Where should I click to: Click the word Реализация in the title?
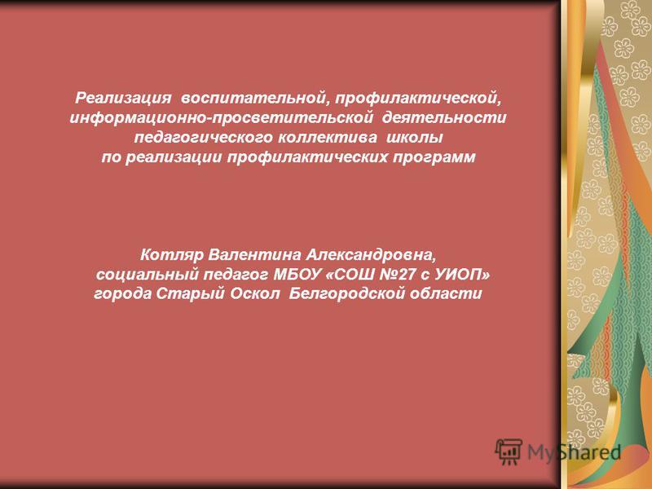(x=123, y=99)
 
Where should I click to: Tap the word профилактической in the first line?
(x=417, y=99)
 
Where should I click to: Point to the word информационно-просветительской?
(x=221, y=118)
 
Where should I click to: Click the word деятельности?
(x=444, y=118)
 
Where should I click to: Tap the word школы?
(x=414, y=138)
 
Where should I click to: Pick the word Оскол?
(x=255, y=293)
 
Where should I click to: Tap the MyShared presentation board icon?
(x=508, y=452)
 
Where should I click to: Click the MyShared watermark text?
(x=574, y=452)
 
